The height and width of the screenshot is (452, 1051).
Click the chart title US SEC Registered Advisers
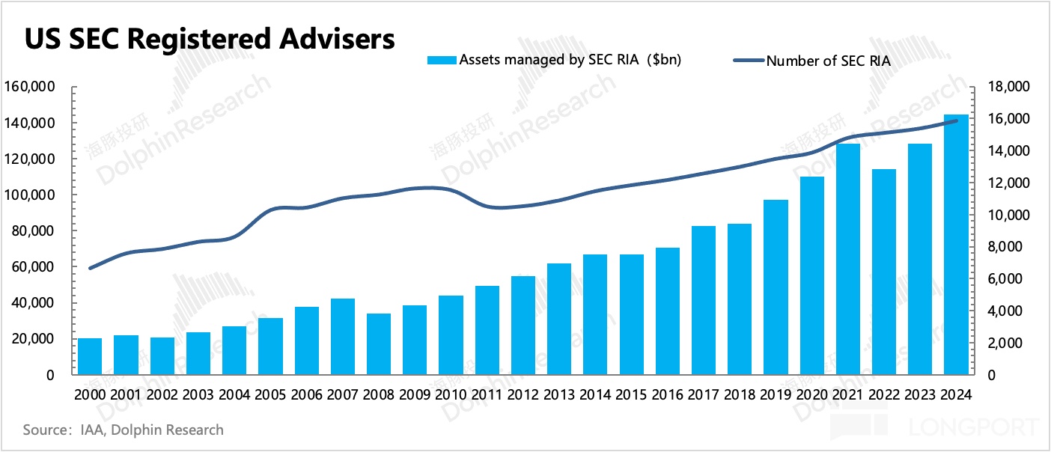pyautogui.click(x=210, y=39)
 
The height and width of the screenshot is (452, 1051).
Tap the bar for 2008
pyautogui.click(x=379, y=344)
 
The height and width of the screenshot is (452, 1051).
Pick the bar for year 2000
pyautogui.click(x=90, y=356)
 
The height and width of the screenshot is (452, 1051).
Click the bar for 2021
pyautogui.click(x=848, y=259)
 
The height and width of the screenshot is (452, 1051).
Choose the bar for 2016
pyautogui.click(x=668, y=311)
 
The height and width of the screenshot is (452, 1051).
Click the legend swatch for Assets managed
pyautogui.click(x=441, y=60)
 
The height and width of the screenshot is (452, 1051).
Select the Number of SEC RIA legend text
pyautogui.click(x=828, y=61)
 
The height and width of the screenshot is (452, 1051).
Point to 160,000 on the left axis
pyautogui.click(x=31, y=88)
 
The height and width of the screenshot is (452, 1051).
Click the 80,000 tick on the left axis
pyautogui.click(x=34, y=231)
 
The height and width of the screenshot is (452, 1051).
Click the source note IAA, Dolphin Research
pyautogui.click(x=124, y=430)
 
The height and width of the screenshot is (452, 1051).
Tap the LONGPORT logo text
pyautogui.click(x=973, y=428)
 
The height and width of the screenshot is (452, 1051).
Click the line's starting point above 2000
pyautogui.click(x=90, y=268)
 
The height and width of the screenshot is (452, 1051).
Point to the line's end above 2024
pyautogui.click(x=956, y=120)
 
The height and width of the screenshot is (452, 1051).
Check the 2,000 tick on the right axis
pyautogui.click(x=1002, y=343)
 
